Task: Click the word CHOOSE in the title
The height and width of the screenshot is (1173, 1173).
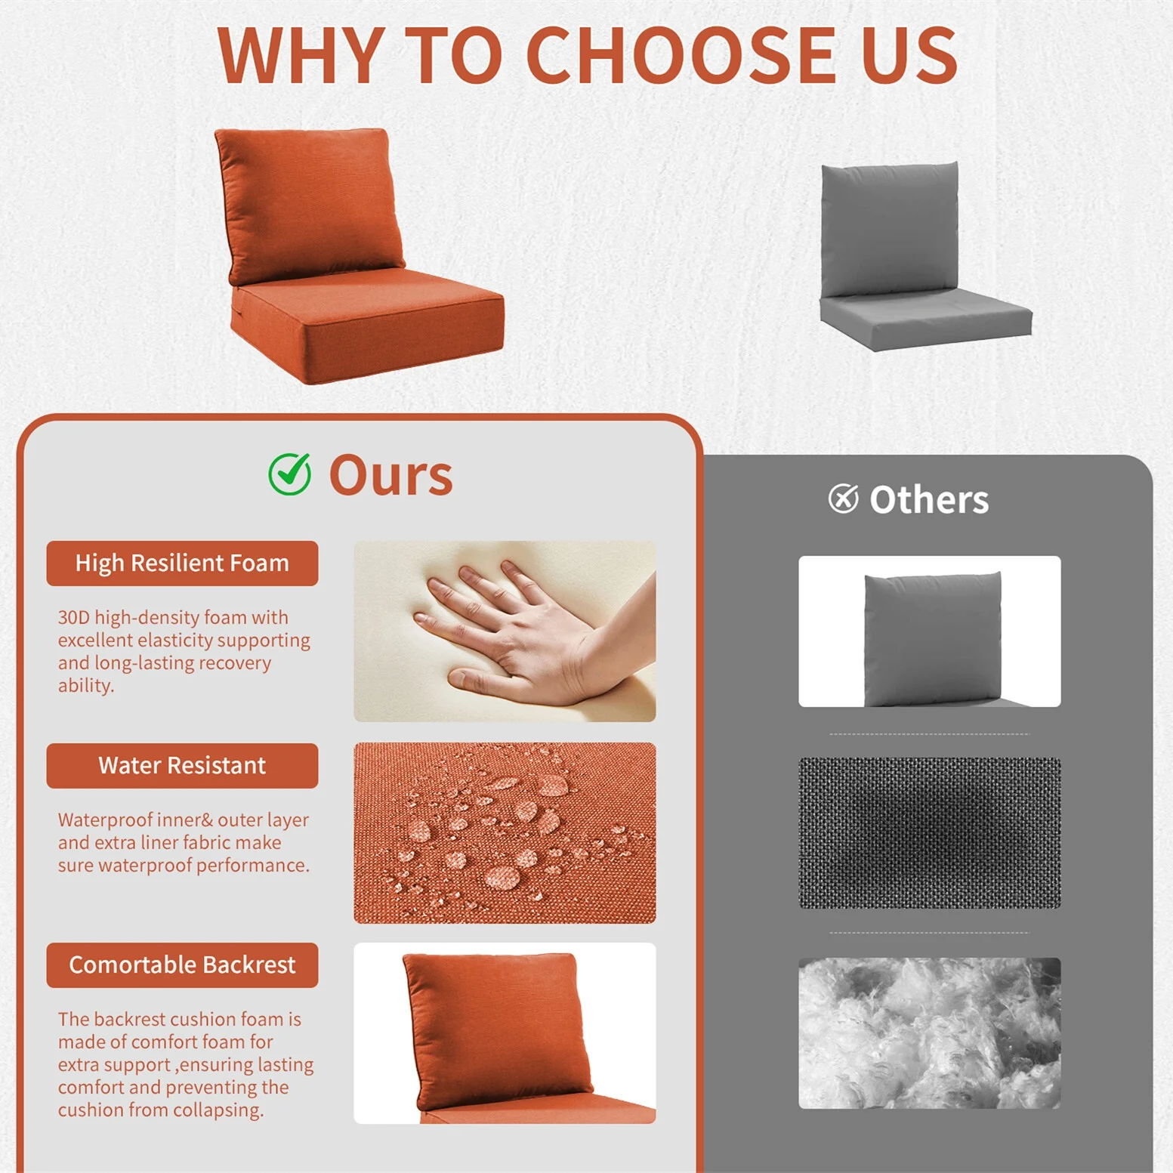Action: [x=681, y=55]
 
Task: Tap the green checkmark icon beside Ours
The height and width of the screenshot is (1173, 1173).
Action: [x=290, y=474]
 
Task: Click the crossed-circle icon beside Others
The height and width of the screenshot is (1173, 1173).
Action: [x=843, y=499]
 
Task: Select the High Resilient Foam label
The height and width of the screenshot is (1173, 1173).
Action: [x=182, y=563]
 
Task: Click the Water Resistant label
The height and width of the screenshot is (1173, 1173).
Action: [x=182, y=765]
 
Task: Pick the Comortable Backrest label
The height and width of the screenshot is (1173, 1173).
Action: [x=182, y=965]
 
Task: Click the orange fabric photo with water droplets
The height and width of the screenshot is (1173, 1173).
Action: [x=505, y=832]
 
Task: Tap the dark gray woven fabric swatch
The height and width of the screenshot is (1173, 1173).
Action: [x=929, y=832]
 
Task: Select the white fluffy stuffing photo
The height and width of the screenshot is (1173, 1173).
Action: [x=929, y=1033]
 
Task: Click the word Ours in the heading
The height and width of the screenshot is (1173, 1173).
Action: [x=390, y=476]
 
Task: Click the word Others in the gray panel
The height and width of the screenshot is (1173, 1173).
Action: [x=929, y=499]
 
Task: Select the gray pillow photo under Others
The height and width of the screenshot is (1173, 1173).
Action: [x=929, y=631]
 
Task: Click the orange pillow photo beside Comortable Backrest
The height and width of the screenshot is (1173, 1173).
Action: [x=505, y=1033]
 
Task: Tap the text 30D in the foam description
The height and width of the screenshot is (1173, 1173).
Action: [x=74, y=618]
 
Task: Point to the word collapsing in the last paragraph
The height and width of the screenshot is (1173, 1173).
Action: [x=218, y=1110]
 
